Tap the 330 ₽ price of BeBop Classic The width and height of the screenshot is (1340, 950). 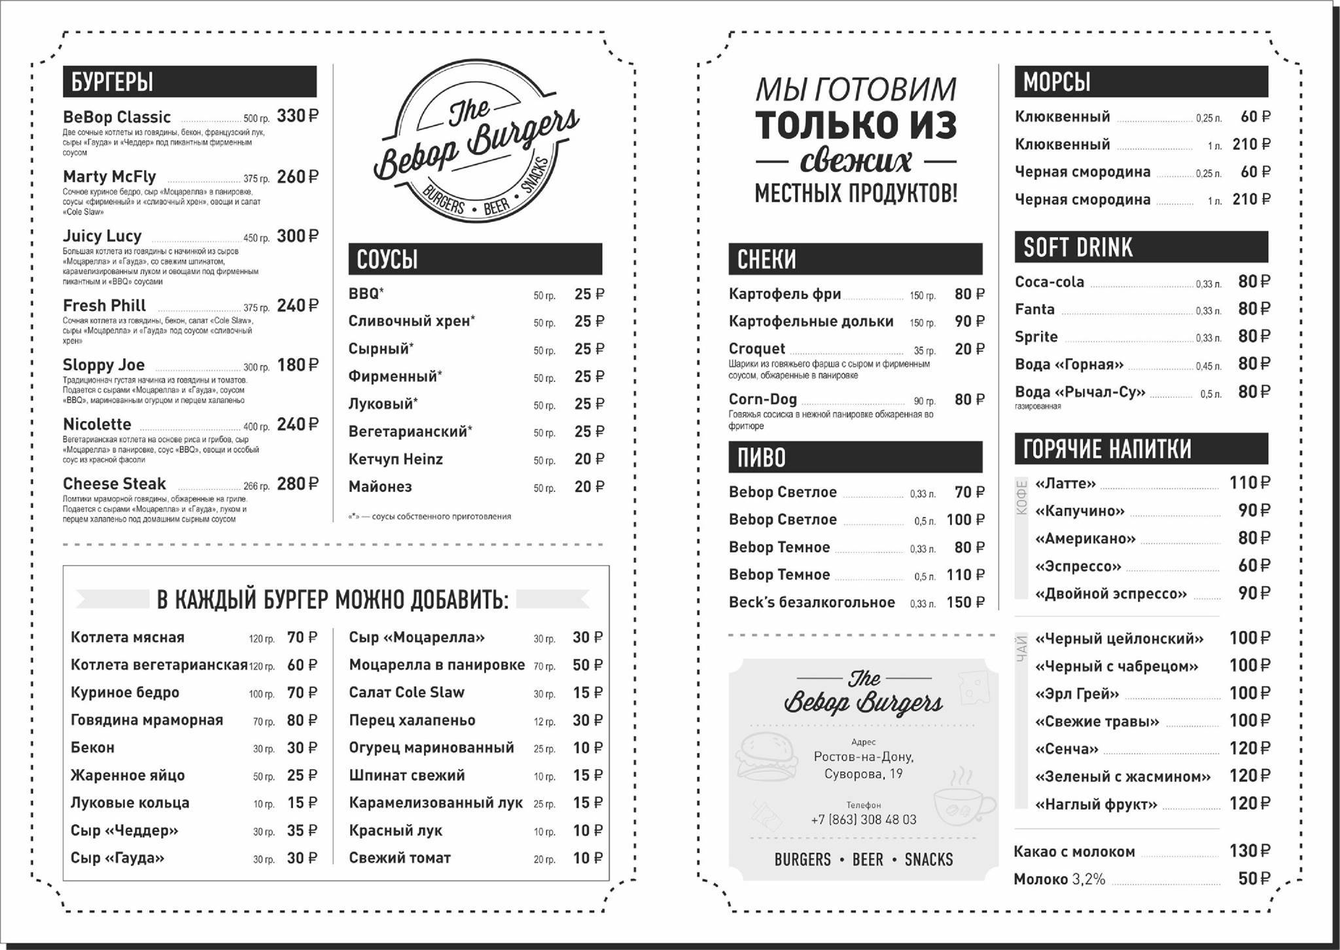click(x=298, y=117)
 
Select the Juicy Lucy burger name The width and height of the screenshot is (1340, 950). click(x=102, y=236)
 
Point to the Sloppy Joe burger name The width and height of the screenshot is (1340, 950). click(x=103, y=365)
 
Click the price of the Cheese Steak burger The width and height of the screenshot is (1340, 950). click(x=298, y=484)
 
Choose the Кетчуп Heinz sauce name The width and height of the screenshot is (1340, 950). click(x=395, y=460)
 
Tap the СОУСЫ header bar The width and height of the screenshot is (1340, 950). click(x=475, y=259)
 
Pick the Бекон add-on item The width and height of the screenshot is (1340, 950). click(x=92, y=748)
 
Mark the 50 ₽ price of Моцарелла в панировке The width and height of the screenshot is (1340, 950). click(x=588, y=665)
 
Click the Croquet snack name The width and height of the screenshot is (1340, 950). click(x=756, y=349)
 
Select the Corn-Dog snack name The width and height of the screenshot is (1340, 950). click(x=763, y=399)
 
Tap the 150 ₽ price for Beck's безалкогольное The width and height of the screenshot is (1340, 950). click(x=965, y=602)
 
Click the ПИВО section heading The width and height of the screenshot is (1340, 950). click(x=761, y=458)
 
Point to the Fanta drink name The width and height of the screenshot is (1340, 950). click(x=1034, y=309)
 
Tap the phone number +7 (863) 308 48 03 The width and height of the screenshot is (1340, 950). click(x=863, y=820)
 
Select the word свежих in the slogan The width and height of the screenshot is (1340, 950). click(x=856, y=160)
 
